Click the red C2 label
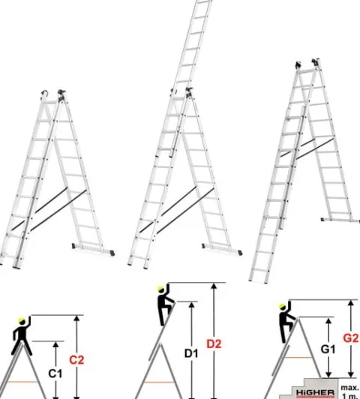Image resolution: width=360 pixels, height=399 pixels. [x=76, y=360]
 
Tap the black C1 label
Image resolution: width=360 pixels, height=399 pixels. [x=55, y=373]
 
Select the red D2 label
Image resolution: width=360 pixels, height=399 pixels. [x=214, y=343]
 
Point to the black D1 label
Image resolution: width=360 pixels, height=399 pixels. [x=191, y=353]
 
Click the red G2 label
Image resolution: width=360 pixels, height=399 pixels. [x=351, y=338]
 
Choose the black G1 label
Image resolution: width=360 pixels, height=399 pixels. [x=328, y=349]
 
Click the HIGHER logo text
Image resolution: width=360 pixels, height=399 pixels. [x=315, y=392]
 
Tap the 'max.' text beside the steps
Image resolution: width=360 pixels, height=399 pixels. [x=349, y=388]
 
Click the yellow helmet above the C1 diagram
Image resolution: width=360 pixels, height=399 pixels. [x=22, y=320]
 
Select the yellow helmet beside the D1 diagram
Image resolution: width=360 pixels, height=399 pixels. [x=160, y=289]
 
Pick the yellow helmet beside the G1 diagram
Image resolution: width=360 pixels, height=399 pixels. [x=282, y=306]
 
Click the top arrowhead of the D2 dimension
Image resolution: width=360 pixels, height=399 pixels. [x=214, y=286]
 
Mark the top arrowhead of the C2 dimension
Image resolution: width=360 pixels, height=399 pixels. [x=76, y=318]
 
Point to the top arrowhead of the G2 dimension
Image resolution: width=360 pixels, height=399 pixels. [x=351, y=303]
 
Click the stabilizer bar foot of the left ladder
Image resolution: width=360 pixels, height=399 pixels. [x=93, y=249]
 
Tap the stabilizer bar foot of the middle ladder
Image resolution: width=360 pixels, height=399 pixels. [x=222, y=249]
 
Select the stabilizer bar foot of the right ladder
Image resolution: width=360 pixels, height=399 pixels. [x=340, y=220]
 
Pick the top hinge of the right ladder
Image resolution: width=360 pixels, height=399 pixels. [x=316, y=61]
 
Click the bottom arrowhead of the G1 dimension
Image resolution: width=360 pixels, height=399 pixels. [x=328, y=374]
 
